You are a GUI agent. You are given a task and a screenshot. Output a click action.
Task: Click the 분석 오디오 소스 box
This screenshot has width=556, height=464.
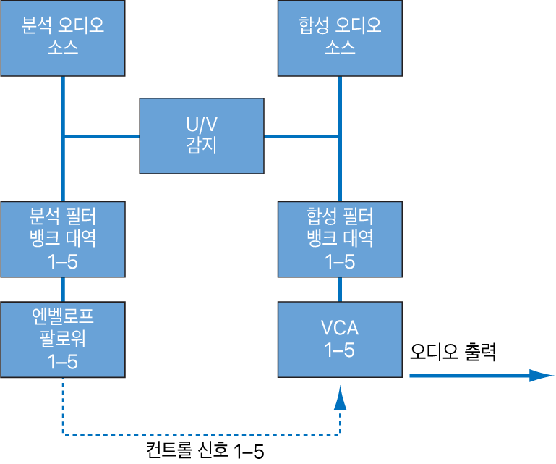coord(63,38)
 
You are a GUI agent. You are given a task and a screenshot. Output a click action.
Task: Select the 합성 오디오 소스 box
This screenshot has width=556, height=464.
coord(339,38)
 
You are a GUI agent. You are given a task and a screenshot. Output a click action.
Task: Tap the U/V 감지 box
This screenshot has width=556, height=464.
coord(201,135)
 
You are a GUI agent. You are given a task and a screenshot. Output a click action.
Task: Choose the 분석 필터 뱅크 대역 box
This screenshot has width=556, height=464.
coord(63,238)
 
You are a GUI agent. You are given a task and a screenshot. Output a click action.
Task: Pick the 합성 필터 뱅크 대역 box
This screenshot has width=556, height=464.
coord(339,238)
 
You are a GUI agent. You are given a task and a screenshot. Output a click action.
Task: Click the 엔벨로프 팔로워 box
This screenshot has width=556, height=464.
coord(63,339)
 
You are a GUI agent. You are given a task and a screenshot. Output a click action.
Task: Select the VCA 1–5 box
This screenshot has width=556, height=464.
coord(339,339)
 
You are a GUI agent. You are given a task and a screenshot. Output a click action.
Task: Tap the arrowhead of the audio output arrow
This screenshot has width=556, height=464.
coord(541,375)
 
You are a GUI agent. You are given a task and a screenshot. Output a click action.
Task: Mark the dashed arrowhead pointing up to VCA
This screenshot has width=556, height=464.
coord(339,397)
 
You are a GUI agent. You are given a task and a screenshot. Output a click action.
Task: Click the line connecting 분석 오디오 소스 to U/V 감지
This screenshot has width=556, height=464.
coord(101,135)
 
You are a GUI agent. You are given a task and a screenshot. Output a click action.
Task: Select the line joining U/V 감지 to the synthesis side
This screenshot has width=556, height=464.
coord(301,135)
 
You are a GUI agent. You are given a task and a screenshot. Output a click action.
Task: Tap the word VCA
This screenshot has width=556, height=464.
coord(339,329)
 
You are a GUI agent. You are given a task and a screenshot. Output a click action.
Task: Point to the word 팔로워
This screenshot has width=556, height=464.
coord(63,339)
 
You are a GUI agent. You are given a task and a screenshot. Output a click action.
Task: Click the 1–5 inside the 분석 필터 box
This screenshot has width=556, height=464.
coord(63,261)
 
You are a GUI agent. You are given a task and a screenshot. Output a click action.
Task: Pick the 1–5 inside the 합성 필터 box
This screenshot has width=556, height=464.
coord(339,261)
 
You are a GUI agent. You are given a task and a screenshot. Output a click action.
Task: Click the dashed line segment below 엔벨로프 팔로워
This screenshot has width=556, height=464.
coord(63,409)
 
